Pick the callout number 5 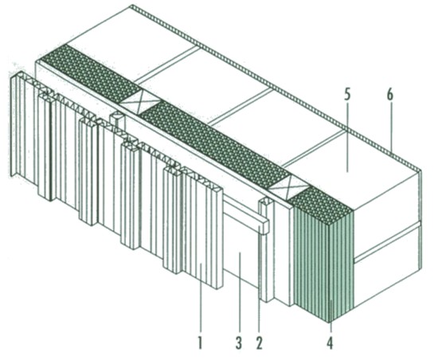(346, 96)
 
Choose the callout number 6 (390, 96)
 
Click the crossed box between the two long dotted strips (140, 102)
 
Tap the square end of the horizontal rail (264, 226)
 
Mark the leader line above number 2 (260, 280)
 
